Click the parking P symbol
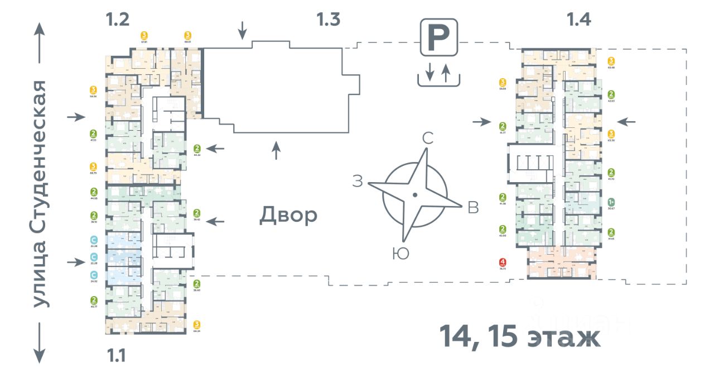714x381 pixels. point(438,37)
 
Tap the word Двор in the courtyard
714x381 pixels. point(288,215)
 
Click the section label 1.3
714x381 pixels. point(328,20)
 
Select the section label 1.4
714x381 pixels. point(578,20)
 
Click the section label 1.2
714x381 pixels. point(118,20)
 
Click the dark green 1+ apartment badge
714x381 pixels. point(611,203)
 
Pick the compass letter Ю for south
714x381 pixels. point(401,254)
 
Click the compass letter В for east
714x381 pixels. point(473,207)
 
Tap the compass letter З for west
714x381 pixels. point(358,181)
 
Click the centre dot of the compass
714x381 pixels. point(414,195)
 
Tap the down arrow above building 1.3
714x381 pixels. point(242,30)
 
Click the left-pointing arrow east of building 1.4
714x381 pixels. point(626,121)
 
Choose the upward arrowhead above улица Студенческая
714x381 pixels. point(40,29)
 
